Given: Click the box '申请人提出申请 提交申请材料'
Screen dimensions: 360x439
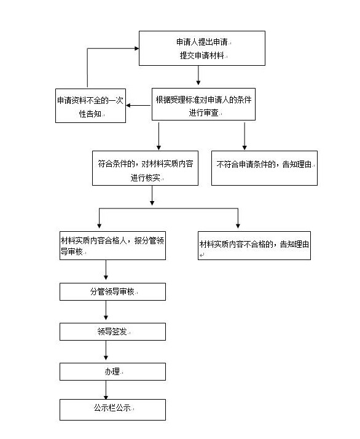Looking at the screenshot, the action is pos(202,48).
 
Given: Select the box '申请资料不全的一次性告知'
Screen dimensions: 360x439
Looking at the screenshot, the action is pos(91,106).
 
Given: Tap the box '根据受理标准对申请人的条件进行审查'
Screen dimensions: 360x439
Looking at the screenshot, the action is pos(203,104).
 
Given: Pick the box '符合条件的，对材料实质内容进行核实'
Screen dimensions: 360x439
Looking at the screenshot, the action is pos(145,168).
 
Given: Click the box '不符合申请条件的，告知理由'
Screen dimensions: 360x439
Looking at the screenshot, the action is pos(264,168).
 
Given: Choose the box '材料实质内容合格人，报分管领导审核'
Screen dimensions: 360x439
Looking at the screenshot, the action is pos(112,245).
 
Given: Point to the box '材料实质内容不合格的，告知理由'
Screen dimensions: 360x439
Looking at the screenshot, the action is pos(254,245).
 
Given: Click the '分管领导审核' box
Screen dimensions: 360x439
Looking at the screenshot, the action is pos(112,291).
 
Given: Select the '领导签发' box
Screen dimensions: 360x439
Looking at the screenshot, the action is pos(112,332).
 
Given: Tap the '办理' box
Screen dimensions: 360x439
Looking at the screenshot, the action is pos(112,372).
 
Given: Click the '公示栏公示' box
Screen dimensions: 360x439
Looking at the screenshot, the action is pos(112,409).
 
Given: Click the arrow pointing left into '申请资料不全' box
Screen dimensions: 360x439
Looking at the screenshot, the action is pos(139,106).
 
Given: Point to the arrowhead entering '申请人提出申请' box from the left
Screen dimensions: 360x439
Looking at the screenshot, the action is pos(137,49).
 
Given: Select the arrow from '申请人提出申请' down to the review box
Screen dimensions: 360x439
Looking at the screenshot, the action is pos(198,75).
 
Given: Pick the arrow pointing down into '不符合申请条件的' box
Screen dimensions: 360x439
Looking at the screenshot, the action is pos(245,136).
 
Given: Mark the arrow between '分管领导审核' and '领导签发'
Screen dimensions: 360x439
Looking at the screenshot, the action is pos(106,310).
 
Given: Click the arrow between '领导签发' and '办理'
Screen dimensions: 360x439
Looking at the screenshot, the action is pos(106,350).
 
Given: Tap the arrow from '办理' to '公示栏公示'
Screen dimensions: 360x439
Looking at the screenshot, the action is pos(106,390).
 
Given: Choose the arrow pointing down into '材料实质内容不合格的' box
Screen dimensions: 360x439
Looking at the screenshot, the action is pos(238,218).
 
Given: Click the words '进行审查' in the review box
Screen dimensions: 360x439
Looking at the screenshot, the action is pos(203,113).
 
